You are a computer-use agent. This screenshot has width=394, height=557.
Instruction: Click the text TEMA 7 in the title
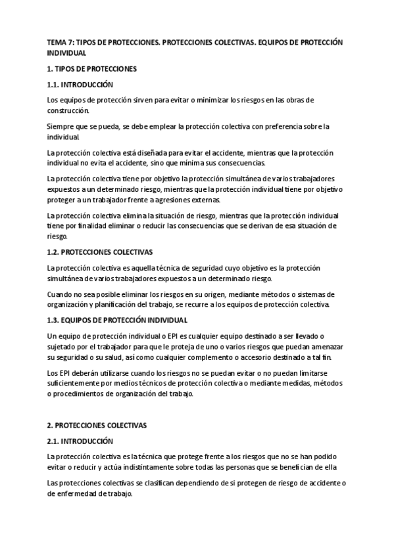coord(60,42)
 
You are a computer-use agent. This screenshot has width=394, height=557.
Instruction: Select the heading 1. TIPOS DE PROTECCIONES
coord(91,68)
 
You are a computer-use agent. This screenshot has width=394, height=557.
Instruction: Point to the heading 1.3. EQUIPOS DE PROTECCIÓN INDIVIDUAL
coord(117,320)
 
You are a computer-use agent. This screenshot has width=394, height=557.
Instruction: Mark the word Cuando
coord(61,294)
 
